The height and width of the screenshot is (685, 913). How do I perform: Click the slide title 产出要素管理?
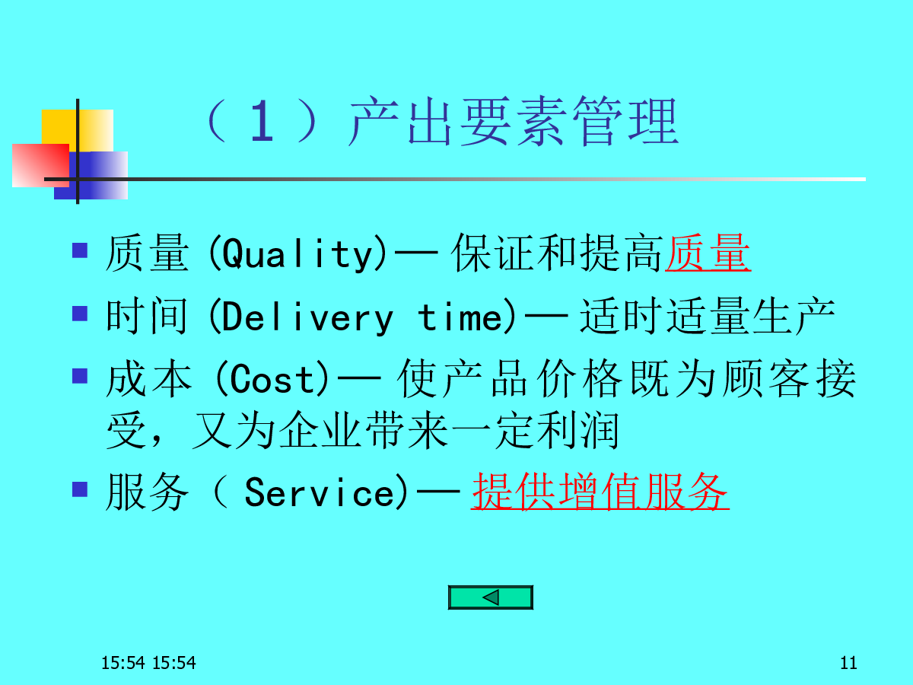pos(514,121)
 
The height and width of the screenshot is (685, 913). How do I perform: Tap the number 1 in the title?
pos(262,122)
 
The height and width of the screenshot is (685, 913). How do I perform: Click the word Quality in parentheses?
pos(297,253)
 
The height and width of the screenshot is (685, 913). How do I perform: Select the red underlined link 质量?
pos(708,252)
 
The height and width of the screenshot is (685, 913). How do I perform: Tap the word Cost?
pos(272,379)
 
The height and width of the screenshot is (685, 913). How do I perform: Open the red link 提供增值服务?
pos(600,491)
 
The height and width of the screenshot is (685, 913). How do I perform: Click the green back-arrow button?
pos(491,597)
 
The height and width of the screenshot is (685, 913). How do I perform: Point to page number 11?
pos(848,662)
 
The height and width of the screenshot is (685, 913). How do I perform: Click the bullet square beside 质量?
pos(80,250)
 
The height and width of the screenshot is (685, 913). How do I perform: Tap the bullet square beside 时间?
pos(80,314)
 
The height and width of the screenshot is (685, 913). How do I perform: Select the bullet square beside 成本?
pos(80,376)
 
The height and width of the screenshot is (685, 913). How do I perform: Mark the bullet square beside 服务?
pos(80,489)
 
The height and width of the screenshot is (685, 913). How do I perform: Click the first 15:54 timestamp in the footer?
pos(123,663)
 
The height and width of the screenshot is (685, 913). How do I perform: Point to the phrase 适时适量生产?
pos(707,316)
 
